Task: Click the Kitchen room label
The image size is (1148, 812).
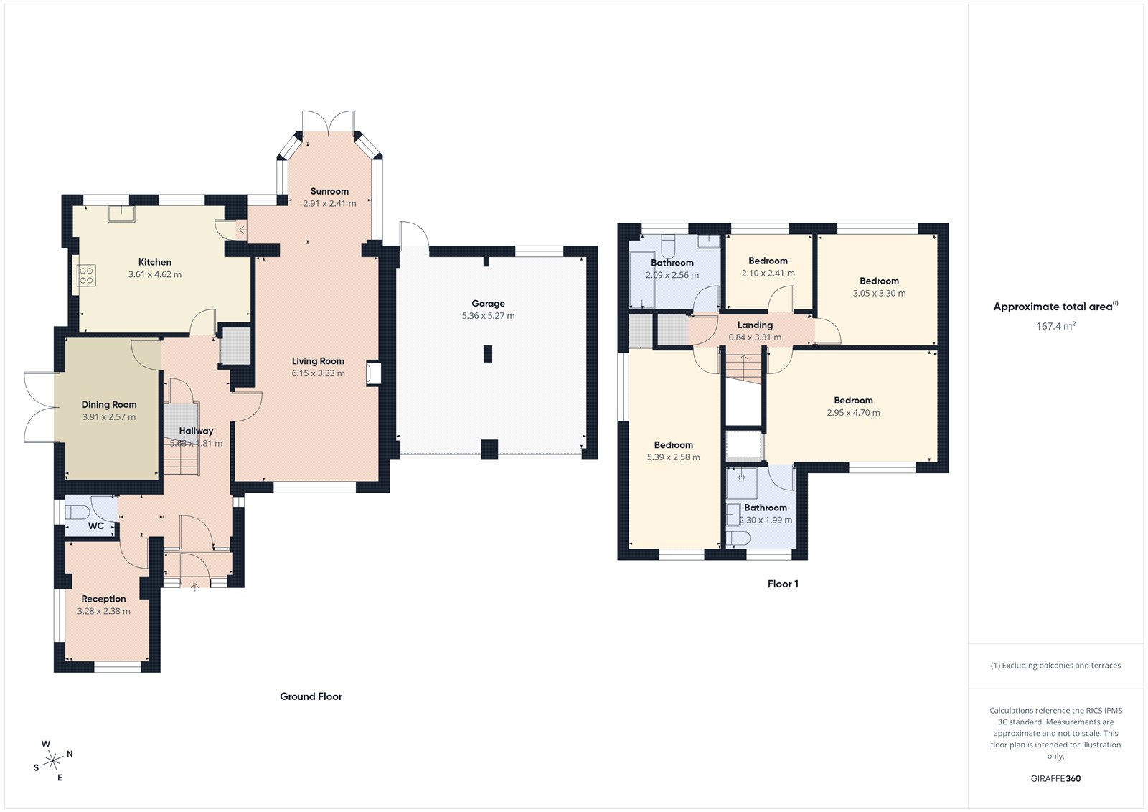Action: pos(155,262)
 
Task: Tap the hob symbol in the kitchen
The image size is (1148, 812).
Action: pos(86,275)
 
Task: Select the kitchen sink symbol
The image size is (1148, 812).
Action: pos(121,213)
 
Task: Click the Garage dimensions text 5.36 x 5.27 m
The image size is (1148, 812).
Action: pos(488,316)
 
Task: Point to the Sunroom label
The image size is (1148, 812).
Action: pos(329,191)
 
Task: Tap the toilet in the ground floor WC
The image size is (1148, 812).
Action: pos(76,513)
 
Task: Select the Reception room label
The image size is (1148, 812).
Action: pos(103,599)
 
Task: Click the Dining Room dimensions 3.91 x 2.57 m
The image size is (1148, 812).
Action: pos(108,417)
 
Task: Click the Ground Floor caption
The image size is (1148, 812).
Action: pos(311,696)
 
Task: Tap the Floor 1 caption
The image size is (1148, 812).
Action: pos(783,584)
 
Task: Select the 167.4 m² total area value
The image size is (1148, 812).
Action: pos(1055,326)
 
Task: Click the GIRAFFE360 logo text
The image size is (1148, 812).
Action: pos(1055,778)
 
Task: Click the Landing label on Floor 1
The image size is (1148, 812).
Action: pos(755,325)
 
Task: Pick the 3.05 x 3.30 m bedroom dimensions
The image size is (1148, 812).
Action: pos(879,294)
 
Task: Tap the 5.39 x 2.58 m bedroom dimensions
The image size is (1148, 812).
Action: pos(673,457)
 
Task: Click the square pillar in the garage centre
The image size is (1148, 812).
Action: pos(488,353)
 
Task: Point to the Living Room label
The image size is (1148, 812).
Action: pos(318,361)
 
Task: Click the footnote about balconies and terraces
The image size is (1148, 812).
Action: pos(1055,666)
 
